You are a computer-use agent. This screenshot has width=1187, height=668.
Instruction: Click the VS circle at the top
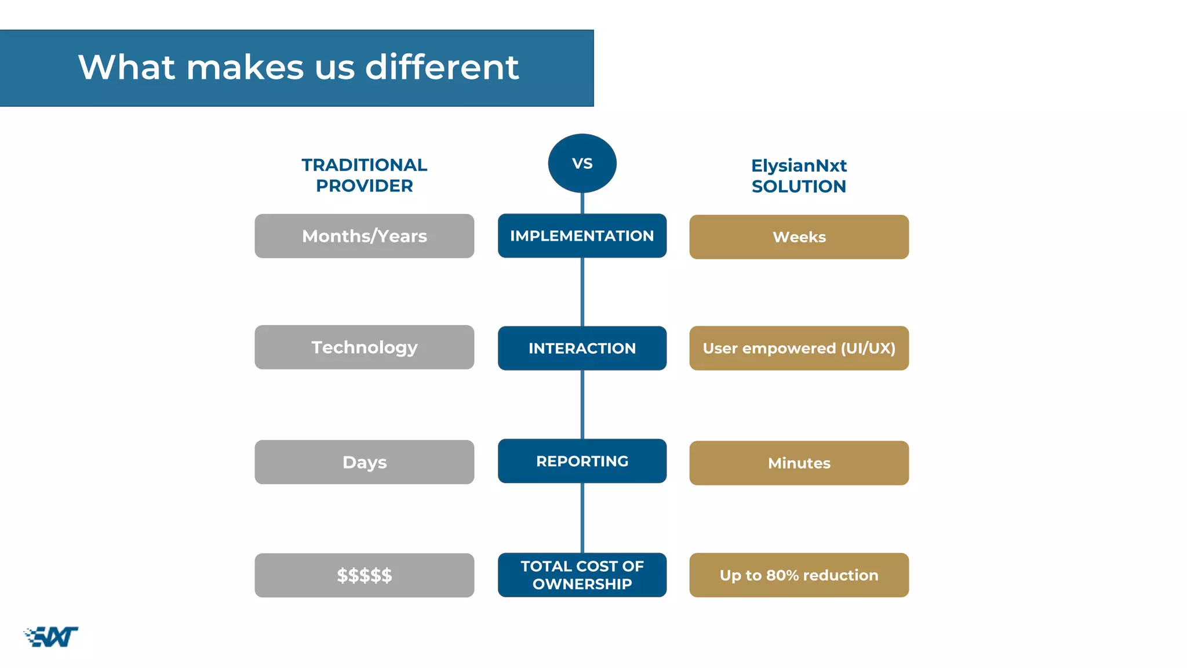coord(582,164)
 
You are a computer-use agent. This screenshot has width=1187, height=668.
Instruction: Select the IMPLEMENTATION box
coord(582,236)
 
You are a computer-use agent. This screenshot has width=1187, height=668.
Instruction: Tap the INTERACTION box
coord(582,348)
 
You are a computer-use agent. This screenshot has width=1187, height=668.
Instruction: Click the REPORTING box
coord(582,461)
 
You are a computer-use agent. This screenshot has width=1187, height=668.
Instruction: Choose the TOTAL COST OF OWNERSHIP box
coord(582,575)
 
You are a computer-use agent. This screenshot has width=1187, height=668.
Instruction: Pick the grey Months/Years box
coord(364,236)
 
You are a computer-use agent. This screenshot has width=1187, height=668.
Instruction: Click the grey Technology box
coord(364,347)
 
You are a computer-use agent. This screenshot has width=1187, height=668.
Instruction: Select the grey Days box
coord(364,462)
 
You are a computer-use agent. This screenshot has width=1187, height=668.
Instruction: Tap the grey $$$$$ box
coord(364,575)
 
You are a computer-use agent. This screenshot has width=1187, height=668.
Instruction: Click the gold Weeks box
coord(799,237)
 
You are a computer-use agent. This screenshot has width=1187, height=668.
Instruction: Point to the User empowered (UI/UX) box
coord(799,348)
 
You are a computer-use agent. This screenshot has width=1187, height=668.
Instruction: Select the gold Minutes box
coord(799,463)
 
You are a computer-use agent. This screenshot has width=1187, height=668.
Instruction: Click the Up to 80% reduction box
coord(799,575)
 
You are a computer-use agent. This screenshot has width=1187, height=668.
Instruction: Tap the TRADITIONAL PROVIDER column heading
coord(364,175)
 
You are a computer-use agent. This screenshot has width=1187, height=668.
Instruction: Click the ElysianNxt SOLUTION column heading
coord(799,176)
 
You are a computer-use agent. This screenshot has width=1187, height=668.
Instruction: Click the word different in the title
coord(442,67)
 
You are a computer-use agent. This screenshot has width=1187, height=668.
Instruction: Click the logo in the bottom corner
coord(51,637)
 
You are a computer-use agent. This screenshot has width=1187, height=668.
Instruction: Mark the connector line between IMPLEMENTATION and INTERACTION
coord(582,292)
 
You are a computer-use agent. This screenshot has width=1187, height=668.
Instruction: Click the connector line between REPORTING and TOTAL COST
coord(582,518)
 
